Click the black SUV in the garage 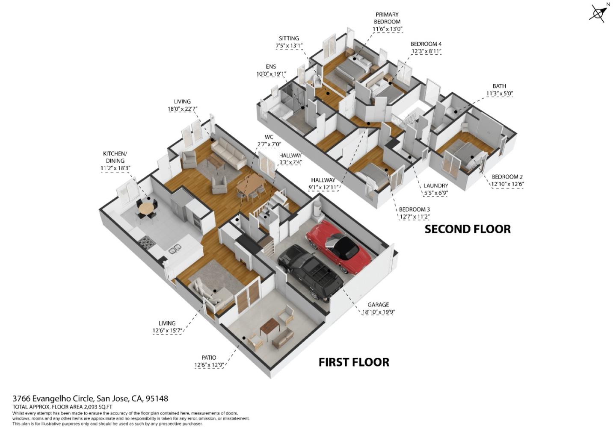click(x=310, y=271)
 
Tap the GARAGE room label click(x=378, y=305)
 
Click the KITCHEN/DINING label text click(x=115, y=157)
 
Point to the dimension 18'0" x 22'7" click(x=182, y=109)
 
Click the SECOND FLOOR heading click(x=467, y=229)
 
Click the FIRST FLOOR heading click(x=354, y=362)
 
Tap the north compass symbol click(x=598, y=12)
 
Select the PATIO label click(x=209, y=358)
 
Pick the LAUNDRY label click(x=435, y=186)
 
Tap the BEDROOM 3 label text click(x=414, y=209)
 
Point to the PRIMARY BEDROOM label click(x=387, y=18)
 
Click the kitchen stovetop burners click(x=146, y=243)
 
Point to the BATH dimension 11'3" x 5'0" click(x=499, y=94)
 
